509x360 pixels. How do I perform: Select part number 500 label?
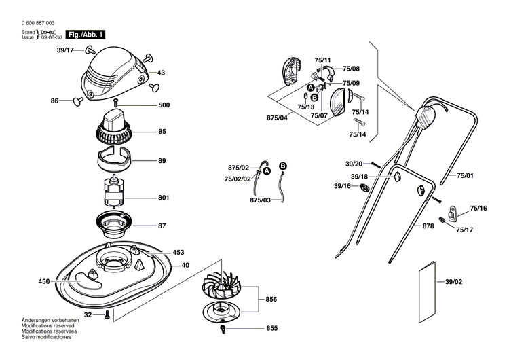point(164,105)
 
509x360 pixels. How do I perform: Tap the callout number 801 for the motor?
point(163,198)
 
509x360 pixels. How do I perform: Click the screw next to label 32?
point(107,314)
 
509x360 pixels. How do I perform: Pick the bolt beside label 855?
point(223,329)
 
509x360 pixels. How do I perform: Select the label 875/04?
point(277,118)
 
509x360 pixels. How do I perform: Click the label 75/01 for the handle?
point(465,175)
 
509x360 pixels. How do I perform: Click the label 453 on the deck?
point(178,252)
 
